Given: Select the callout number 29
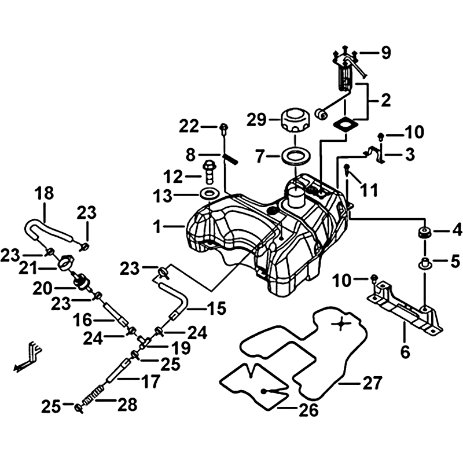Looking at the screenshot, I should pyautogui.click(x=256, y=120).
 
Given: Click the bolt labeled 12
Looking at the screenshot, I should pyautogui.click(x=209, y=172).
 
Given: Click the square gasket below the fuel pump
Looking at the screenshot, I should pyautogui.click(x=344, y=124).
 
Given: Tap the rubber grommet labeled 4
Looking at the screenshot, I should pyautogui.click(x=425, y=234).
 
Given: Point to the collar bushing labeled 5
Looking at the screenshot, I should pyautogui.click(x=425, y=264).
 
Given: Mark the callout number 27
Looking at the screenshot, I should pyautogui.click(x=373, y=383).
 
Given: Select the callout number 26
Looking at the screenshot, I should pyautogui.click(x=308, y=411).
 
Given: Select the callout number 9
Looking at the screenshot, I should pyautogui.click(x=385, y=53).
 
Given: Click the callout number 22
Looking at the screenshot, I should pyautogui.click(x=189, y=125).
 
